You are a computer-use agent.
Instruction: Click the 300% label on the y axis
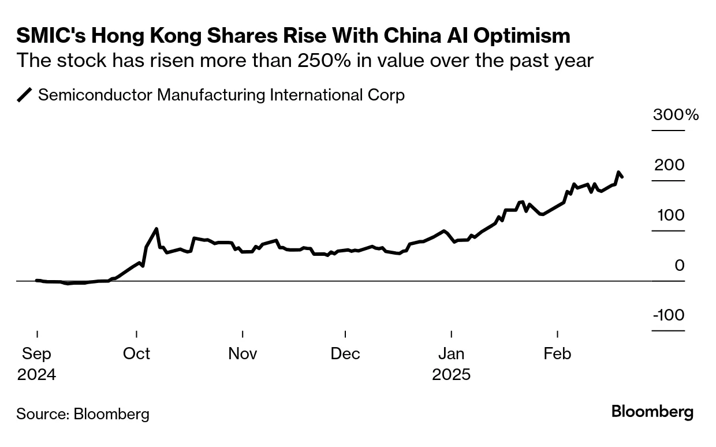tap(676, 114)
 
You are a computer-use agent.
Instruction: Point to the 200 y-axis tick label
tap(669, 165)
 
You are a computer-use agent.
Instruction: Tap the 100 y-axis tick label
tap(669, 215)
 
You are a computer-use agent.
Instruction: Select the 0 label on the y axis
tap(679, 266)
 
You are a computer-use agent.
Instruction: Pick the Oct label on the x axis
tap(136, 353)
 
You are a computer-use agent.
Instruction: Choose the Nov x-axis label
tap(243, 353)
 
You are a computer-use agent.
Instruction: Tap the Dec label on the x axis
tap(345, 353)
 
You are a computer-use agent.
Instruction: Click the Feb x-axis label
tap(557, 353)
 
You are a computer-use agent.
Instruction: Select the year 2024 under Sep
tap(37, 374)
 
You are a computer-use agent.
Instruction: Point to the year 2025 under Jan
tap(451, 374)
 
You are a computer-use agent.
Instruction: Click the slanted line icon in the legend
tap(25, 95)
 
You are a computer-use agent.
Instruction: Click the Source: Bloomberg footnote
tap(83, 414)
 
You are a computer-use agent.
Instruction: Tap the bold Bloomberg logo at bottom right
tap(652, 412)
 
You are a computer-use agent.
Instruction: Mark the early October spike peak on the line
tap(156, 229)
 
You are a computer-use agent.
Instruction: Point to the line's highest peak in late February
tap(618, 172)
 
